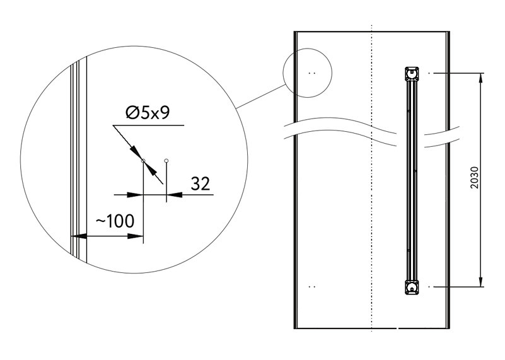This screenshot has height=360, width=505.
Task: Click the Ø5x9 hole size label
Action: point(148,113)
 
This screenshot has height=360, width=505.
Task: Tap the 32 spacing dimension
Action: point(200,183)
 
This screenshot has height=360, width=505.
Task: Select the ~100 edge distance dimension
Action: point(115,221)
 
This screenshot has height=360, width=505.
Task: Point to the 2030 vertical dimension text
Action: point(474,177)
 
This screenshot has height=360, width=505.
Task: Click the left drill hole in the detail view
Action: point(143,160)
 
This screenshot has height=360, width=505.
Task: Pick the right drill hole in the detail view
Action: point(166,160)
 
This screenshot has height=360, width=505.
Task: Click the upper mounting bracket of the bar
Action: point(412,74)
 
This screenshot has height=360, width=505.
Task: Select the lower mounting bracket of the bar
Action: point(412,287)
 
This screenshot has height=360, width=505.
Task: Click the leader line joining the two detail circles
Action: point(261,96)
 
